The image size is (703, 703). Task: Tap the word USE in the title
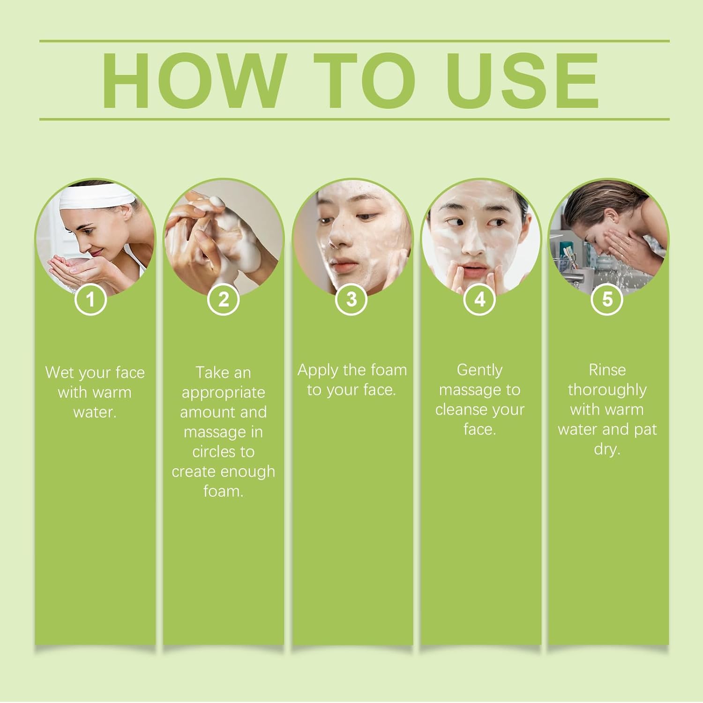[522, 81]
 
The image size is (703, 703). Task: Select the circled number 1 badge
[90, 299]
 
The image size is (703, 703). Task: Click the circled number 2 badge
[224, 299]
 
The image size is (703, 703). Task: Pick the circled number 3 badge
[351, 299]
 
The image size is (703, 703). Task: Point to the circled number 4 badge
[479, 299]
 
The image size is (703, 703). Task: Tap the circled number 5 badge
[607, 299]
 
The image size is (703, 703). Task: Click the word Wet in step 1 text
[59, 373]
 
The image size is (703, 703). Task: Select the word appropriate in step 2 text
[223, 393]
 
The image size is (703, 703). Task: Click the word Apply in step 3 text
[318, 370]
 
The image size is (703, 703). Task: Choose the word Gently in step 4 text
[479, 370]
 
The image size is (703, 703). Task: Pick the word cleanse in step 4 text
[461, 410]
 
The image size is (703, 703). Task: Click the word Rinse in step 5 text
[607, 370]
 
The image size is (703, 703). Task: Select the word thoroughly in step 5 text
[607, 390]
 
